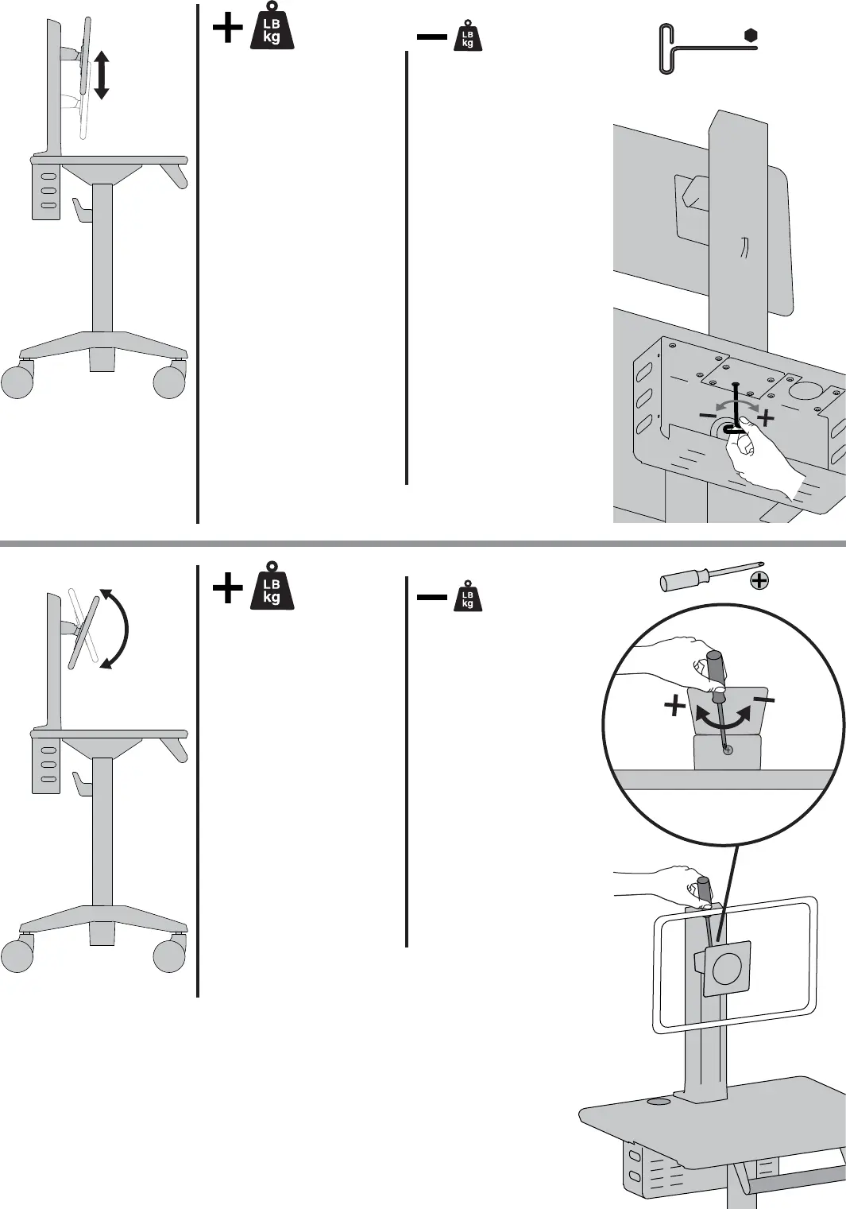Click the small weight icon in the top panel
coord(467,37)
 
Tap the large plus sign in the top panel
coord(228,29)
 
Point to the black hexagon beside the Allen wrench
coord(751,35)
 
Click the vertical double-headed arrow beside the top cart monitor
coord(101,74)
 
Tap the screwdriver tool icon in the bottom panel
coord(699,578)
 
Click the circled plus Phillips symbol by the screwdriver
coord(759,580)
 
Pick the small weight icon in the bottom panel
coord(467,597)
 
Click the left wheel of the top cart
coord(17,382)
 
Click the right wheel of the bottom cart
coord(168,955)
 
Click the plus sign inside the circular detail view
coord(675,705)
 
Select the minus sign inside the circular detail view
coord(765,699)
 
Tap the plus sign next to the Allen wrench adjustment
coord(765,417)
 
